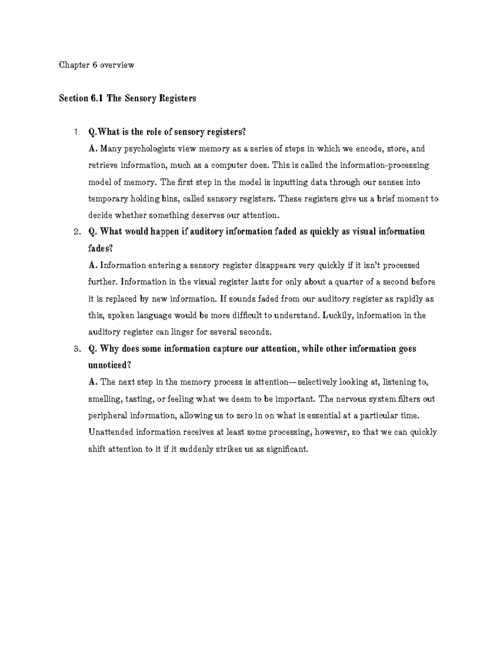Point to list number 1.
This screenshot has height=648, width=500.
click(x=75, y=132)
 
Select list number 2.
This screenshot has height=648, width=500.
click(x=75, y=232)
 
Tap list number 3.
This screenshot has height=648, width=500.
click(x=75, y=349)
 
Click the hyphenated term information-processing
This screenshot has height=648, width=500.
click(x=385, y=165)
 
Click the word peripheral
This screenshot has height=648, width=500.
click(x=107, y=416)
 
